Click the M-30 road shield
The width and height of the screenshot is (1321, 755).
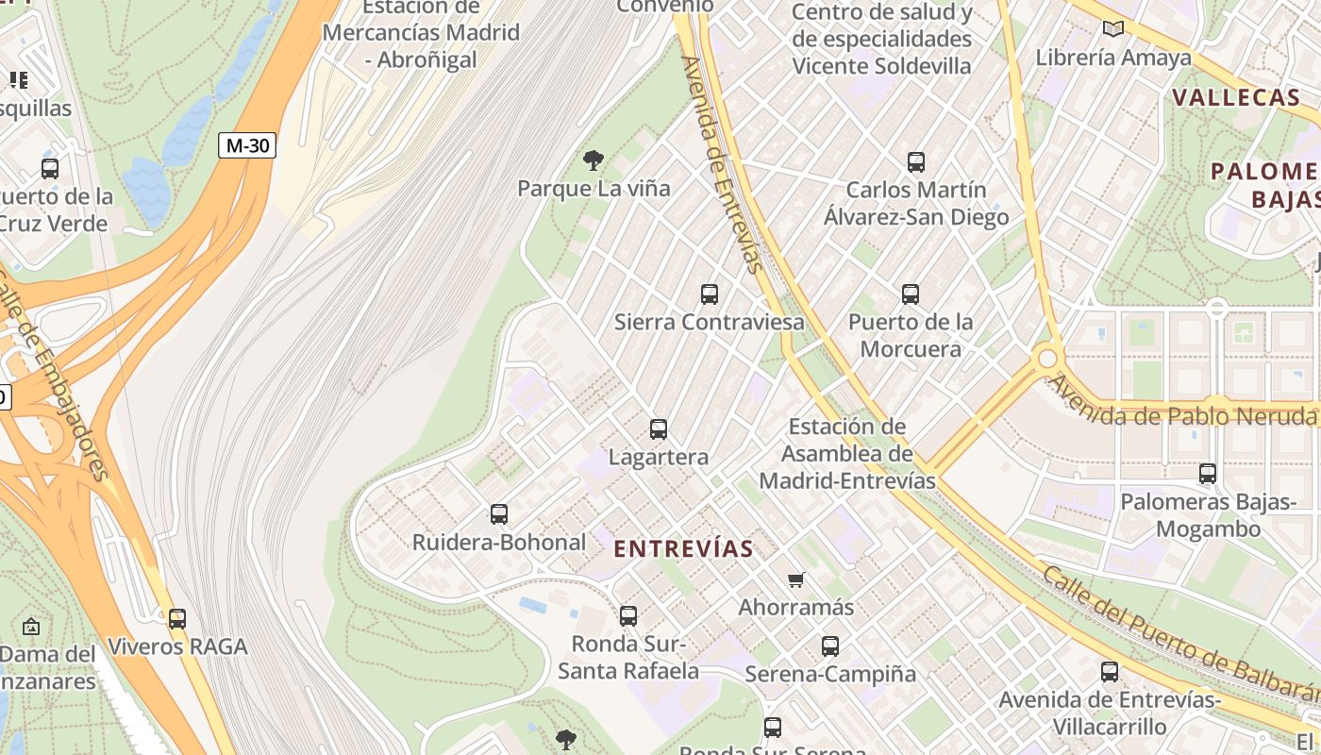pyautogui.click(x=247, y=145)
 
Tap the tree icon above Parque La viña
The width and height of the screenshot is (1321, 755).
pyautogui.click(x=594, y=159)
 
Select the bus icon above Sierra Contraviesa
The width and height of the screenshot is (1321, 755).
pyautogui.click(x=710, y=294)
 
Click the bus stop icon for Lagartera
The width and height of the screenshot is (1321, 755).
pyautogui.click(x=659, y=429)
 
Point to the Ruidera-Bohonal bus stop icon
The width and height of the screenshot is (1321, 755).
pyautogui.click(x=499, y=514)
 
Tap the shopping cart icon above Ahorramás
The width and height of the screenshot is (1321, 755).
pyautogui.click(x=796, y=579)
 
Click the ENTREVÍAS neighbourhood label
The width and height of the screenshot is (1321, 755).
pyautogui.click(x=684, y=548)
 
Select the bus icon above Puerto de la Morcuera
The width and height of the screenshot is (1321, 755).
pyautogui.click(x=911, y=294)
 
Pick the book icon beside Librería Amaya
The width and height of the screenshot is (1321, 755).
pyautogui.click(x=1113, y=29)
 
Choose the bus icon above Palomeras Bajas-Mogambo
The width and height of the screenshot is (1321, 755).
pyautogui.click(x=1208, y=474)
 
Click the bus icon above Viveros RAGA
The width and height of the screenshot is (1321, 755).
pyautogui.click(x=177, y=619)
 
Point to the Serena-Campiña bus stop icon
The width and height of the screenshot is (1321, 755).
pyautogui.click(x=830, y=646)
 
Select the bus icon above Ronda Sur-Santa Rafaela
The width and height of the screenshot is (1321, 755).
pyautogui.click(x=628, y=616)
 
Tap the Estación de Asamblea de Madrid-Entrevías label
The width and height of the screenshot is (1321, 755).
pyautogui.click(x=847, y=454)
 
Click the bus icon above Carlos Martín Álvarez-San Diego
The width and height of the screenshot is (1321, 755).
pyautogui.click(x=916, y=161)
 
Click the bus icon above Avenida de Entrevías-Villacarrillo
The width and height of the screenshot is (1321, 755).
pyautogui.click(x=1110, y=672)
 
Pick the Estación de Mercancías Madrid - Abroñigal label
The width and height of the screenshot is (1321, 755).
pyautogui.click(x=421, y=32)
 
